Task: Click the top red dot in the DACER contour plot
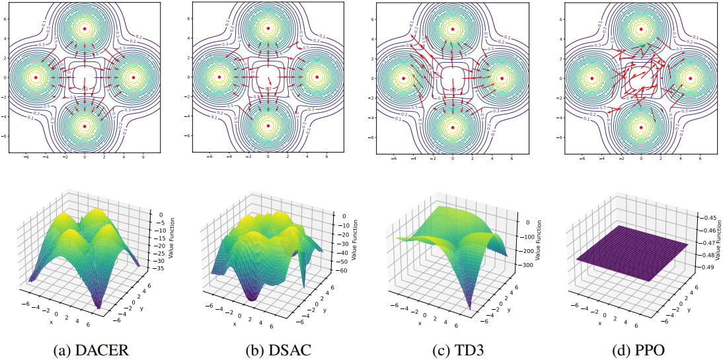(85, 28)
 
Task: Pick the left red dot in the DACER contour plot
(36, 77)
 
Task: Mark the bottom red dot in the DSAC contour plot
(268, 126)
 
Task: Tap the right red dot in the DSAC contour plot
(317, 77)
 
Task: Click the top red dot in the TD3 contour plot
(453, 29)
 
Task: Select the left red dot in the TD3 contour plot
(404, 78)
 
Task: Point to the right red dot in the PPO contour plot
(690, 78)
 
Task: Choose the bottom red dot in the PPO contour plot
(641, 126)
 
